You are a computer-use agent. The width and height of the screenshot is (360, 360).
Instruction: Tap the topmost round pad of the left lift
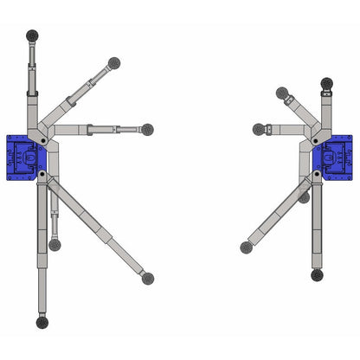point(33,35)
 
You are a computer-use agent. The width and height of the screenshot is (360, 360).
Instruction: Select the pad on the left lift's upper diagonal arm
point(113,63)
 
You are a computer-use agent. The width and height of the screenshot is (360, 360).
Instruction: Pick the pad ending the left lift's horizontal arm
point(146,129)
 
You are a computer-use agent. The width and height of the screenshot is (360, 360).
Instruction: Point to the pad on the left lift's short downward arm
point(55,244)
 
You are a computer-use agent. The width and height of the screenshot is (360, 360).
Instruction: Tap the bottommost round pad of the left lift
point(42,322)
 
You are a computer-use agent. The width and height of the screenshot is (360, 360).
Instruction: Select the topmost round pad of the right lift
point(326,83)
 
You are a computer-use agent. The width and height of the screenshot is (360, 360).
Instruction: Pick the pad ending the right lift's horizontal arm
point(259,130)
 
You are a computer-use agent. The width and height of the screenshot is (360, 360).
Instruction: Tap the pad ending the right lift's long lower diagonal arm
point(247,247)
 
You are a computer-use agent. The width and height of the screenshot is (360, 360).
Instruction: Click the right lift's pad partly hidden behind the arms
point(304,197)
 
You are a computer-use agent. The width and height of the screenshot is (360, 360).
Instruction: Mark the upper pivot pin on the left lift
point(39,139)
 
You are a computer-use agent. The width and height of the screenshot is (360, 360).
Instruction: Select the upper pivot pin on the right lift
point(318,138)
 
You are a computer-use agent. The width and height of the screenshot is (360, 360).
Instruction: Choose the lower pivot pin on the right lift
point(318,174)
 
